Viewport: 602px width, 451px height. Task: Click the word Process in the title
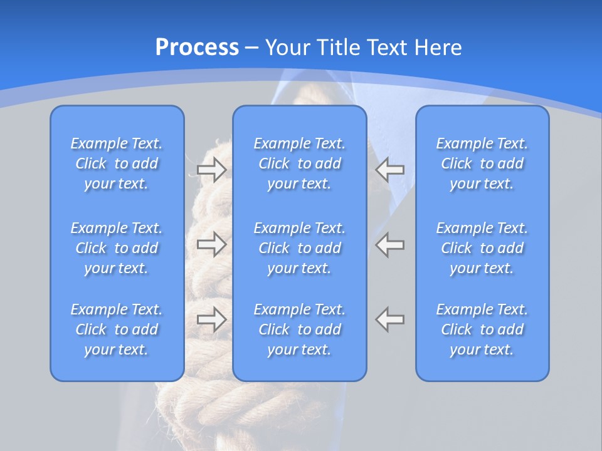coord(197,48)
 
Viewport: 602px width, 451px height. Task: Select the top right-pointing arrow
coord(211,169)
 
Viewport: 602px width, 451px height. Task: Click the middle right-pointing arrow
coord(211,244)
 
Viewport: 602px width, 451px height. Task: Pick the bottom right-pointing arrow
coord(211,319)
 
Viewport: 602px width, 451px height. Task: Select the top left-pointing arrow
coord(390,169)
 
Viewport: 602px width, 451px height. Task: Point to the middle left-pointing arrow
coord(390,244)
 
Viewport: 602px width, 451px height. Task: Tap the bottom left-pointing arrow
coord(390,319)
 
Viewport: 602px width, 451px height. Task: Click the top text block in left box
coord(117,163)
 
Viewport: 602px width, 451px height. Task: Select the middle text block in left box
coord(117,248)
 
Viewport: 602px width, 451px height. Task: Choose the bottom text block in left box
coord(117,329)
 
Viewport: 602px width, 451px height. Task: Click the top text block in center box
coord(299,163)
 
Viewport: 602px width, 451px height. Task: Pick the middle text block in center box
coord(299,248)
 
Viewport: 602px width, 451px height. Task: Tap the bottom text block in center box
coord(299,329)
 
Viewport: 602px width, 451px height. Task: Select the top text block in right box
coord(482,163)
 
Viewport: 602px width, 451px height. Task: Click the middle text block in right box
coord(482,248)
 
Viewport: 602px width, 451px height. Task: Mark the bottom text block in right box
coord(482,329)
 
